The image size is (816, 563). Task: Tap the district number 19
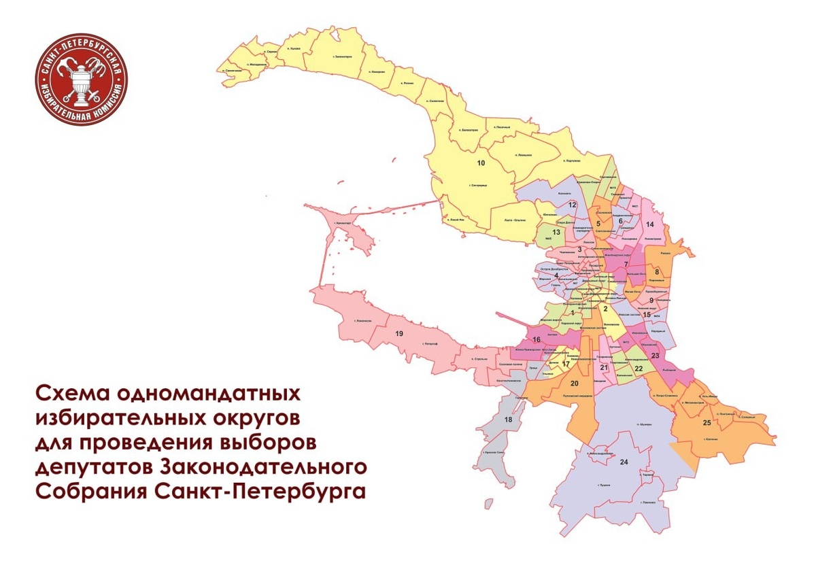[399, 333]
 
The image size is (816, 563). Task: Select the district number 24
[624, 462]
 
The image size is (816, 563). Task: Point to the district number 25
[707, 423]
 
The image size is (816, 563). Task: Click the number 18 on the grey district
[508, 420]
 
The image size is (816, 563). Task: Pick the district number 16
[537, 339]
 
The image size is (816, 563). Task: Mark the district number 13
[556, 233]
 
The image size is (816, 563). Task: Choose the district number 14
[649, 224]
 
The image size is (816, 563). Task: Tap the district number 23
[655, 356]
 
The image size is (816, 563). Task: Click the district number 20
[574, 383]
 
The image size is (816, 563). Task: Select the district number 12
[573, 205]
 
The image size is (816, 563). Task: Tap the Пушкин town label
[601, 485]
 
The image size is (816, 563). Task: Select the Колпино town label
[712, 440]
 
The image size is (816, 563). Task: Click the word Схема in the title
[73, 394]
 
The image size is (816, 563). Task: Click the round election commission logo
[82, 80]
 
